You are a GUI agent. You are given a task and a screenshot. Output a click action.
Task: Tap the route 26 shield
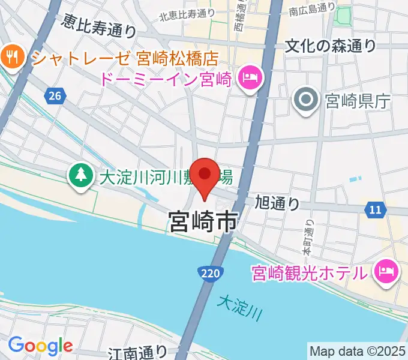coord(55,95)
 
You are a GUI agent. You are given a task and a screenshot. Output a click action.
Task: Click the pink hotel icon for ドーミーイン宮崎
coord(249,79)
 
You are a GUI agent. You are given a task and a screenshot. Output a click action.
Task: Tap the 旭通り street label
coord(277,203)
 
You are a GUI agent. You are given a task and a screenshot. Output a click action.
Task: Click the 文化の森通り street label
coord(331,46)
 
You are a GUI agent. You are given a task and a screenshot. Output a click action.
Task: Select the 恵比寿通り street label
coord(99,25)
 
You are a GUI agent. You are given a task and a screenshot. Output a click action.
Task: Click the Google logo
coord(40,345)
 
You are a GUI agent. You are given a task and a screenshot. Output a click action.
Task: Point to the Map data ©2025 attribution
coord(358,350)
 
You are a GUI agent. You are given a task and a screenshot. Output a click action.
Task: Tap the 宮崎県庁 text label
coord(357,101)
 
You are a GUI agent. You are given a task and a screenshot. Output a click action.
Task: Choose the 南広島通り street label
coord(311,8)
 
